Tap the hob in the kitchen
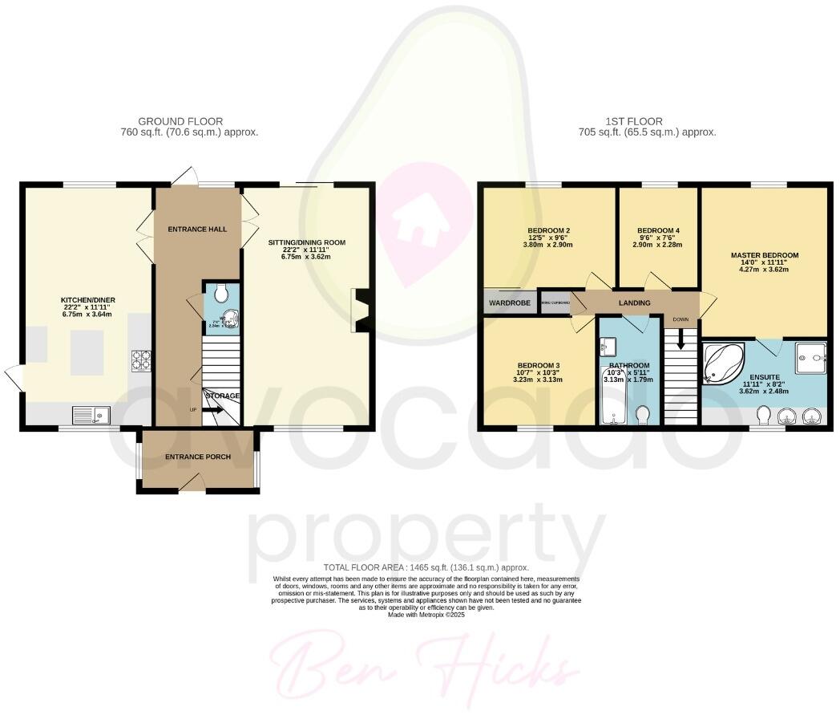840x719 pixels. [x=141, y=360]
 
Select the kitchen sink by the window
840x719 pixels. [x=89, y=415]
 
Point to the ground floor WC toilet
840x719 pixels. [x=221, y=293]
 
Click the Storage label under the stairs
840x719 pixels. [x=223, y=396]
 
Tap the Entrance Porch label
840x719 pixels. [x=198, y=457]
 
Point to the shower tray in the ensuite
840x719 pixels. [x=810, y=356]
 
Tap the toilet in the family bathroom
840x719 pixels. [x=642, y=415]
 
